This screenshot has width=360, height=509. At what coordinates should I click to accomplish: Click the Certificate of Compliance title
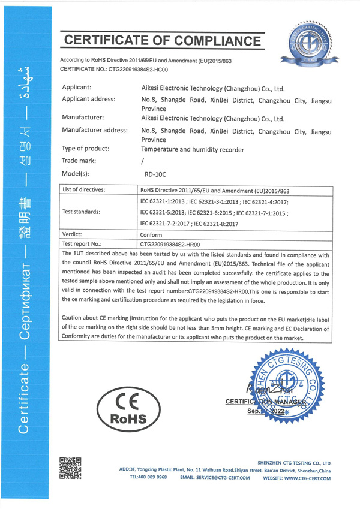click(x=163, y=41)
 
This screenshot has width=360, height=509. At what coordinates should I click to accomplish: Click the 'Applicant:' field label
click(x=80, y=87)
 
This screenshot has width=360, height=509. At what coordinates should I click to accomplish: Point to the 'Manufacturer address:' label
click(x=95, y=130)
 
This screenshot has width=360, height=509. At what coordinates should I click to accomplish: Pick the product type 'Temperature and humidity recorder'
click(x=192, y=149)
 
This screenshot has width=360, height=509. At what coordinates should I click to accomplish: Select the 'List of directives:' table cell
click(x=84, y=190)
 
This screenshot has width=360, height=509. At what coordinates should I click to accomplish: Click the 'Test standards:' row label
click(x=81, y=212)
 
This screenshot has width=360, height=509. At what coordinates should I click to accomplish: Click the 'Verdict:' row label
click(x=72, y=234)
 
